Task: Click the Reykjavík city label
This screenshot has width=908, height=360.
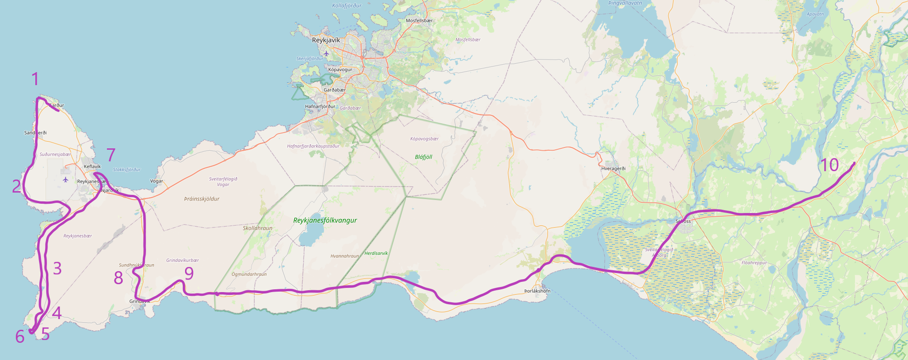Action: pyautogui.click(x=325, y=40)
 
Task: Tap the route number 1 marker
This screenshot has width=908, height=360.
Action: pyautogui.click(x=35, y=80)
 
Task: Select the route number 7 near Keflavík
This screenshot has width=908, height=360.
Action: pyautogui.click(x=111, y=155)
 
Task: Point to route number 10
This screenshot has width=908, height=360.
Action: pyautogui.click(x=829, y=165)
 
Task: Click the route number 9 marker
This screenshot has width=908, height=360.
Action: pyautogui.click(x=189, y=273)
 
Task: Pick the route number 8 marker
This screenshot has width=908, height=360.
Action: pyautogui.click(x=119, y=278)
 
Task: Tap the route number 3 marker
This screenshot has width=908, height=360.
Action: pyautogui.click(x=57, y=268)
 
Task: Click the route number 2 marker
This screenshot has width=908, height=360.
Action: pyautogui.click(x=17, y=187)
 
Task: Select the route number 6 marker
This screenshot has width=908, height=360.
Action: pyautogui.click(x=20, y=336)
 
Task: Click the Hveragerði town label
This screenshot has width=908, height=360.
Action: pyautogui.click(x=613, y=169)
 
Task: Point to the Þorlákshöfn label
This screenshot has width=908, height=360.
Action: pyautogui.click(x=537, y=291)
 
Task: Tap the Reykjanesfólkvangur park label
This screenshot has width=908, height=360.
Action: pyautogui.click(x=325, y=220)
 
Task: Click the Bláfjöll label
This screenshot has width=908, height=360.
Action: pyautogui.click(x=424, y=157)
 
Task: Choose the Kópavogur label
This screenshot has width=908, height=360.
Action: pyautogui.click(x=340, y=70)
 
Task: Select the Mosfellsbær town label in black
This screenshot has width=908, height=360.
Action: pyautogui.click(x=419, y=21)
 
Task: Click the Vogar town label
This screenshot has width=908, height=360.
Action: pyautogui.click(x=157, y=181)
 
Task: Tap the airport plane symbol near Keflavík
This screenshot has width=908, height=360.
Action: pyautogui.click(x=66, y=180)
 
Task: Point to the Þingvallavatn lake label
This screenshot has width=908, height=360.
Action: pyautogui.click(x=625, y=3)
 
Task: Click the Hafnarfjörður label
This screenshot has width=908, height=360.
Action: pyautogui.click(x=320, y=107)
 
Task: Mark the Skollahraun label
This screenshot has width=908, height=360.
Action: pyautogui.click(x=258, y=228)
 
